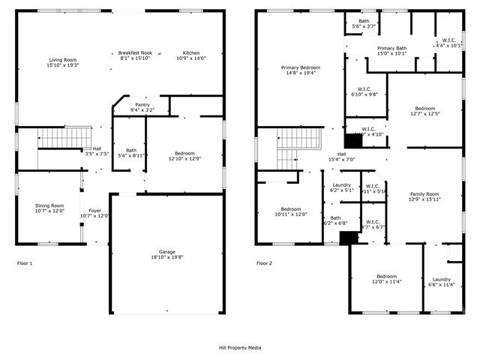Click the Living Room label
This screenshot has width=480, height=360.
click(x=64, y=62)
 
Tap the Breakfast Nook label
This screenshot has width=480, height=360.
click(x=135, y=55)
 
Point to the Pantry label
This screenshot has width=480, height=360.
click(x=142, y=107)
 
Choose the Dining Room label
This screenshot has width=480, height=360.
click(x=50, y=208)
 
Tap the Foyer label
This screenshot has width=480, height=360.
click(x=94, y=213)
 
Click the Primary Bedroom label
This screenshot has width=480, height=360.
click(x=300, y=70)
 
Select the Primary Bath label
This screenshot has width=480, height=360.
click(x=391, y=50)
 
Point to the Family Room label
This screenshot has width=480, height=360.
click(x=424, y=196)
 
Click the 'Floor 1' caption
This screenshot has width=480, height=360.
click(x=25, y=263)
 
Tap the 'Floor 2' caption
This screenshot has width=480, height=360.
click(x=265, y=263)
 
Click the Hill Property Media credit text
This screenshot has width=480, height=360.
click(x=240, y=348)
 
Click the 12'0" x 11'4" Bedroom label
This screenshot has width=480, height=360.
click(x=387, y=278)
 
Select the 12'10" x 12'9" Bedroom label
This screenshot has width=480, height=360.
click(x=184, y=155)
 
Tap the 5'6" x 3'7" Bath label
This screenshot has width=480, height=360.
click(x=364, y=23)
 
